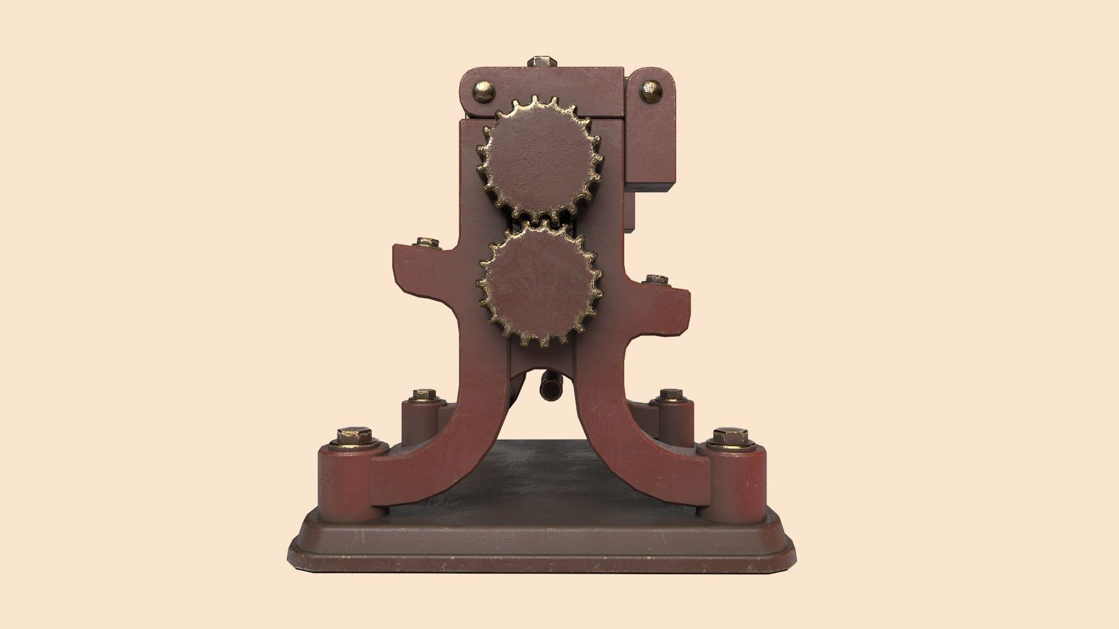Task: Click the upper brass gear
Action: pyautogui.click(x=540, y=157)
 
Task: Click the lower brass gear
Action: pyautogui.click(x=540, y=285)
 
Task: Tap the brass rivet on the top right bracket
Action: pyautogui.click(x=651, y=90)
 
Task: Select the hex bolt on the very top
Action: pyautogui.click(x=542, y=61)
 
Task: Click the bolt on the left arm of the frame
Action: pyautogui.click(x=427, y=242)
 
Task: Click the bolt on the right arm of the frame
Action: pyautogui.click(x=657, y=280)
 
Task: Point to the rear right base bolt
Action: pyautogui.click(x=673, y=395)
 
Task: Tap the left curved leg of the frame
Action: pyautogui.click(x=443, y=443)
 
